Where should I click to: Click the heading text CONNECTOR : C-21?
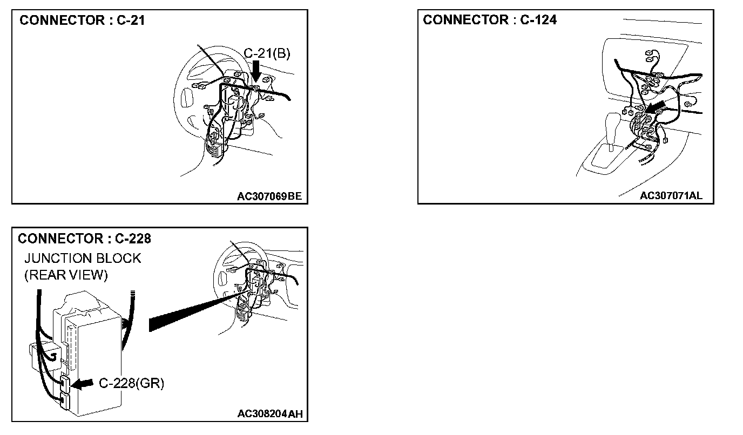[x=82, y=21]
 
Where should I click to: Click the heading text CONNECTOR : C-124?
[x=490, y=20]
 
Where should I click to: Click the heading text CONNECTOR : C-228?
[x=84, y=239]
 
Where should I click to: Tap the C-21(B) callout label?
[x=267, y=53]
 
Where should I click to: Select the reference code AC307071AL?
[x=671, y=195]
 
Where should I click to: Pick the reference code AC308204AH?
[x=270, y=414]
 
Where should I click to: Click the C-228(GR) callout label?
[x=131, y=383]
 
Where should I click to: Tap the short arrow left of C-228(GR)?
[x=82, y=384]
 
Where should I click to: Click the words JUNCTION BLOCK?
[x=83, y=259]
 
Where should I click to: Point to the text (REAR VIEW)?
[x=66, y=275]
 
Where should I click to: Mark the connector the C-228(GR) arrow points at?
[x=64, y=383]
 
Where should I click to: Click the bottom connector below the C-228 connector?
[x=64, y=400]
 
